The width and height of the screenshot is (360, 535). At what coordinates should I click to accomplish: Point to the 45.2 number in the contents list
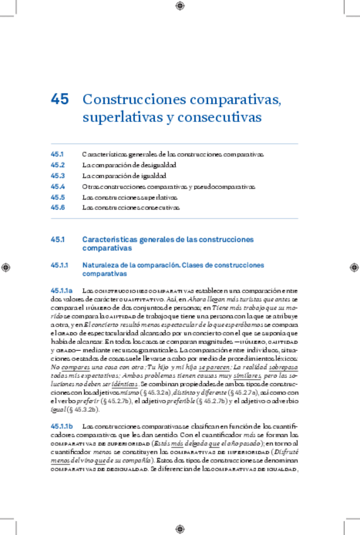coord(58,165)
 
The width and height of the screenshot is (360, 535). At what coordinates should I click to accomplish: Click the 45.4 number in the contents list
coord(58,186)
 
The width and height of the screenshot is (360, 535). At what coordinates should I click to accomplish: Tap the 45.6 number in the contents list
coord(58,208)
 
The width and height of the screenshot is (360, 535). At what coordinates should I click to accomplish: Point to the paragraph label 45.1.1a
coord(62,290)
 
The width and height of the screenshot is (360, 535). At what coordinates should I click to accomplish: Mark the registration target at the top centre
coord(180,6)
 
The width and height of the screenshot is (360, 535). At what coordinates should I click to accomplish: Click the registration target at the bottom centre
coord(180,529)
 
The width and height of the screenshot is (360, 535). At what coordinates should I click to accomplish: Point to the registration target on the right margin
coord(354,267)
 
